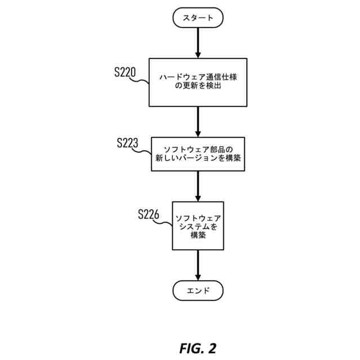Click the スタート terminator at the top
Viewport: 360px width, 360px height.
pos(198,17)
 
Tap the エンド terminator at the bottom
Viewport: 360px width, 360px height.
pos(198,290)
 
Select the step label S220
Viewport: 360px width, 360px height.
pos(125,72)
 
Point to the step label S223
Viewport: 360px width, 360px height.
pos(128,142)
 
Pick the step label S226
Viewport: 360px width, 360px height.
pos(148,214)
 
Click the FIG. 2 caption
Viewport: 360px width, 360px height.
pos(197,348)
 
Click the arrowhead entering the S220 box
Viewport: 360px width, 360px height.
pos(198,55)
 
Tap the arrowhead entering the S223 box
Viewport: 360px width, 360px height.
pos(198,134)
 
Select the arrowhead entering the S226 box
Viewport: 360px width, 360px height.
pos(198,199)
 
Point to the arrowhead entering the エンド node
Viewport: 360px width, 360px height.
pos(198,277)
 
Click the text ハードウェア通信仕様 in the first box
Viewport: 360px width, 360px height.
pos(198,77)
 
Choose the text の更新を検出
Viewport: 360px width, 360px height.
pos(198,85)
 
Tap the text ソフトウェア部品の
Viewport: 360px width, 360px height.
pos(198,150)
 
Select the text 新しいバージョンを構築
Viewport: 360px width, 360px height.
pos(198,158)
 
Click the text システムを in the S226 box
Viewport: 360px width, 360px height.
pos(198,227)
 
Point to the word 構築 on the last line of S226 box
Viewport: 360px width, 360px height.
pos(198,235)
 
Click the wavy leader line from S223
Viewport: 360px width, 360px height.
pos(142,151)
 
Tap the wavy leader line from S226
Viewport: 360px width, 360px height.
pos(163,222)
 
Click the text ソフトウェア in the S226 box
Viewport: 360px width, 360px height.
pos(198,218)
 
